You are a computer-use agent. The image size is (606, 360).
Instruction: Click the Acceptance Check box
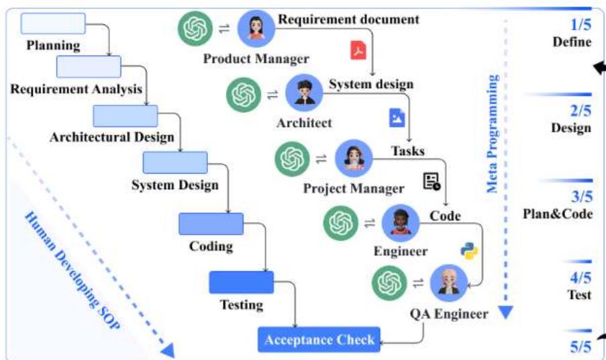tap(319, 340)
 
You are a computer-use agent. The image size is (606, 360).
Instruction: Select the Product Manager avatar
tap(256, 29)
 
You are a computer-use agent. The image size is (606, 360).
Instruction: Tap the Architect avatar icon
tap(304, 93)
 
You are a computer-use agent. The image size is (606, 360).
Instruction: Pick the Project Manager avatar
tap(353, 159)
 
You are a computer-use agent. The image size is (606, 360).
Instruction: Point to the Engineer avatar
tap(401, 224)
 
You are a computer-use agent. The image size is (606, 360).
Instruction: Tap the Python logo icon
tap(469, 251)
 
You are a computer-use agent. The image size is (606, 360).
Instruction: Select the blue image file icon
tap(397, 118)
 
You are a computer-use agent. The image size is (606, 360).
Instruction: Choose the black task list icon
tap(432, 181)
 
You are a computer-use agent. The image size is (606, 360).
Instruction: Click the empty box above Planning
tap(53, 24)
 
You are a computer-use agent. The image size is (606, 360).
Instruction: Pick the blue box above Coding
tap(211, 224)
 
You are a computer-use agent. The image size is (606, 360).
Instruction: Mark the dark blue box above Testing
tap(242, 282)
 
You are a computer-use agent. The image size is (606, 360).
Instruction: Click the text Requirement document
tap(348, 19)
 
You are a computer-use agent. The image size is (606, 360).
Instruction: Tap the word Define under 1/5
tap(572, 42)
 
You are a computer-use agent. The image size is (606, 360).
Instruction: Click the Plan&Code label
tap(558, 215)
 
